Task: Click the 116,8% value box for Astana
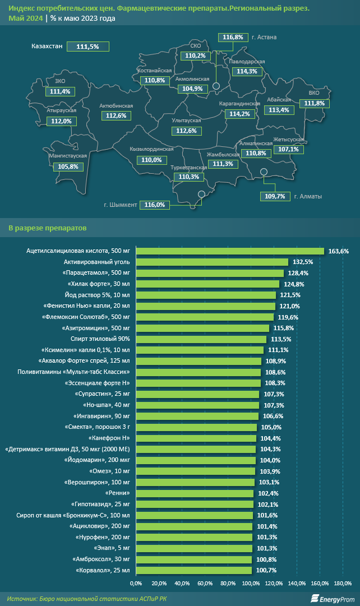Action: pyautogui.click(x=233, y=38)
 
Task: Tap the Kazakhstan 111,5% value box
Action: pyautogui.click(x=87, y=47)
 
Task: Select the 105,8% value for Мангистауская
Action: pyautogui.click(x=68, y=166)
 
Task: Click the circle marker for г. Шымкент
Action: pyautogui.click(x=202, y=194)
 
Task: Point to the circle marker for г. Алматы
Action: pyautogui.click(x=264, y=173)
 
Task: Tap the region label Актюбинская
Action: pyautogui.click(x=116, y=106)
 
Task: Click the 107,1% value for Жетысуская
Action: pyautogui.click(x=288, y=150)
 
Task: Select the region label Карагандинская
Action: pyautogui.click(x=239, y=104)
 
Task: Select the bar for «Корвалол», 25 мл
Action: pyautogui.click(x=194, y=570)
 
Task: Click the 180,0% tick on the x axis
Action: pyautogui.click(x=343, y=584)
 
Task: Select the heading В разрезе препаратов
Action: pyautogui.click(x=47, y=228)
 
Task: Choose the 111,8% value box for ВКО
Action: pyautogui.click(x=314, y=103)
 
